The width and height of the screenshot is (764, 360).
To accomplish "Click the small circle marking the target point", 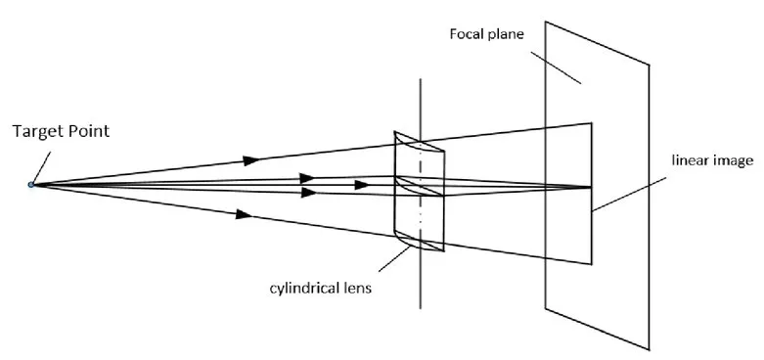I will coord(31,184).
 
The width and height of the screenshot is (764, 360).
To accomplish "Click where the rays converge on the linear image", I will coord(591,186).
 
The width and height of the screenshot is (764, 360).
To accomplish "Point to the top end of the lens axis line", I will coord(419,79).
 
